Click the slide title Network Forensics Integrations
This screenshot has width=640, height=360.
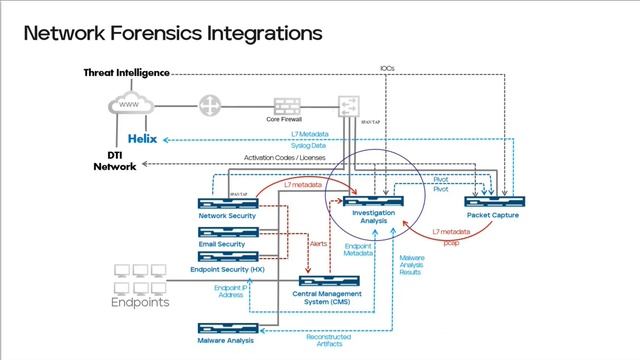coord(172,33)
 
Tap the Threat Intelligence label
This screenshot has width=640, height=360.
coord(125,73)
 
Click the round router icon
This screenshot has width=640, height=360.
coord(210,105)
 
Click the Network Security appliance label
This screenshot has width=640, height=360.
coord(227,215)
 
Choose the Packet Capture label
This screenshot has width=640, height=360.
coord(497,215)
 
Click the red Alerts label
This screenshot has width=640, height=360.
coord(319,243)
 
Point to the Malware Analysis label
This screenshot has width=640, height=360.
coord(226,340)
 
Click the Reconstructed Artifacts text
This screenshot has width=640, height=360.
coord(328,340)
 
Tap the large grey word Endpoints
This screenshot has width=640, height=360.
coord(140,302)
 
